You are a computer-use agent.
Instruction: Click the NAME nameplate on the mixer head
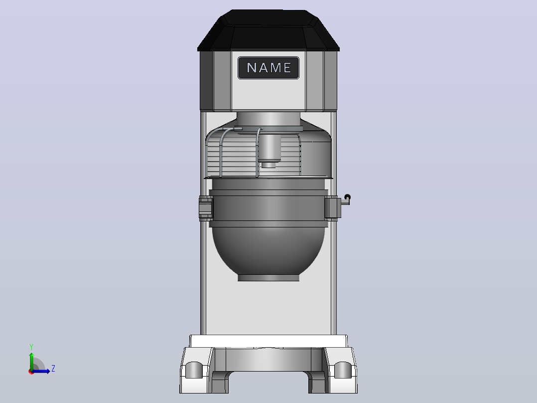coord(268,68)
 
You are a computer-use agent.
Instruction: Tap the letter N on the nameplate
coord(252,68)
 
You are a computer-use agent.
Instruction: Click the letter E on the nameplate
coord(287,68)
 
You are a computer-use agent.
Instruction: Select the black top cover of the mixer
coord(268,30)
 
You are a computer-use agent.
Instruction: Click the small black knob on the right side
coord(347,198)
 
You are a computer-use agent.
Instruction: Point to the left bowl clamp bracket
coord(206,207)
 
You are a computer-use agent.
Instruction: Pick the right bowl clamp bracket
coord(333,207)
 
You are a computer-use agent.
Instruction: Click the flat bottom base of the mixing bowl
coord(268,278)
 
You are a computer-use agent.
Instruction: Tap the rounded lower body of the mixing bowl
coord(268,251)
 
